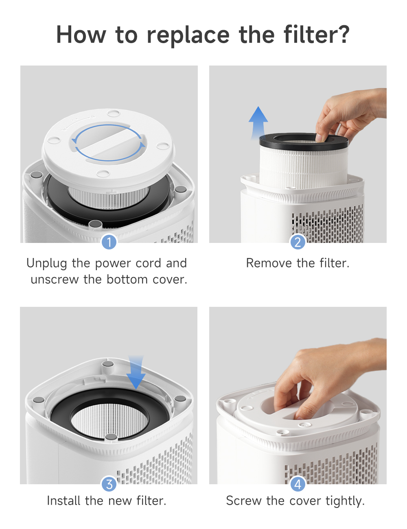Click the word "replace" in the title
tap(188, 35)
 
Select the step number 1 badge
tap(109, 242)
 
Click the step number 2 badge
tap(298, 242)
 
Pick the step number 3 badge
tap(109, 484)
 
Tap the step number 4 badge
tap(298, 484)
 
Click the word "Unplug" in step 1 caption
tap(46, 263)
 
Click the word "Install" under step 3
tap(64, 501)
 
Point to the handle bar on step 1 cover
tap(108, 144)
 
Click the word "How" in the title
tap(81, 35)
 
